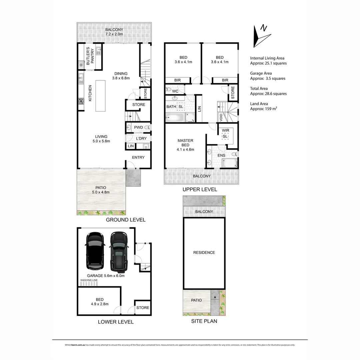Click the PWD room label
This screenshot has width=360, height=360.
138,128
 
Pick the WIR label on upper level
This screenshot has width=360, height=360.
225,131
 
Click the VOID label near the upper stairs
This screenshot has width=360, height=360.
221,117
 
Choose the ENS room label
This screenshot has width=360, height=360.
221,155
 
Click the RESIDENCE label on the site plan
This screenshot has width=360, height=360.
204,253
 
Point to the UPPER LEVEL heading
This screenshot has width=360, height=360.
200,189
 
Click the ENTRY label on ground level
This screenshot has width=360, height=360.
138,157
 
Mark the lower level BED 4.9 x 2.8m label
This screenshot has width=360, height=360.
99,302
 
